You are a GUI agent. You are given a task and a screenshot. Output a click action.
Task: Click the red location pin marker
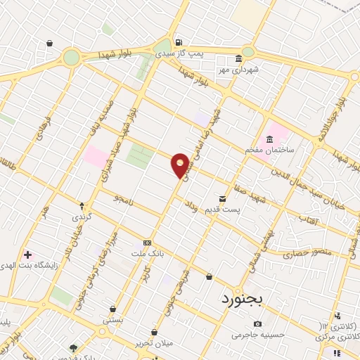[x=181, y=164]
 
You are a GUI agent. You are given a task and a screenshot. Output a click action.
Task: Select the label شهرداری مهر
[x=240, y=70]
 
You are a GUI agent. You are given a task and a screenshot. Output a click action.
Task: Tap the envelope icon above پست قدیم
[x=222, y=180]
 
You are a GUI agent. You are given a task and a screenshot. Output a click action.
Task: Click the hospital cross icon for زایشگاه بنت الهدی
[x=27, y=254]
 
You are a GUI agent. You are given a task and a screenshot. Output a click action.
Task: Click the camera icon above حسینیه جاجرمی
[x=257, y=323]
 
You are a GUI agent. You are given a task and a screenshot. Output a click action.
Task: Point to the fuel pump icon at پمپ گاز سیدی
[x=179, y=41]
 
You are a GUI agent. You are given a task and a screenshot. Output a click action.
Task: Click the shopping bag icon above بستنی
[x=113, y=308]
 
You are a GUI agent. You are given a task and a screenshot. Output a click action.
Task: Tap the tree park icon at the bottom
[x=73, y=347]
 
